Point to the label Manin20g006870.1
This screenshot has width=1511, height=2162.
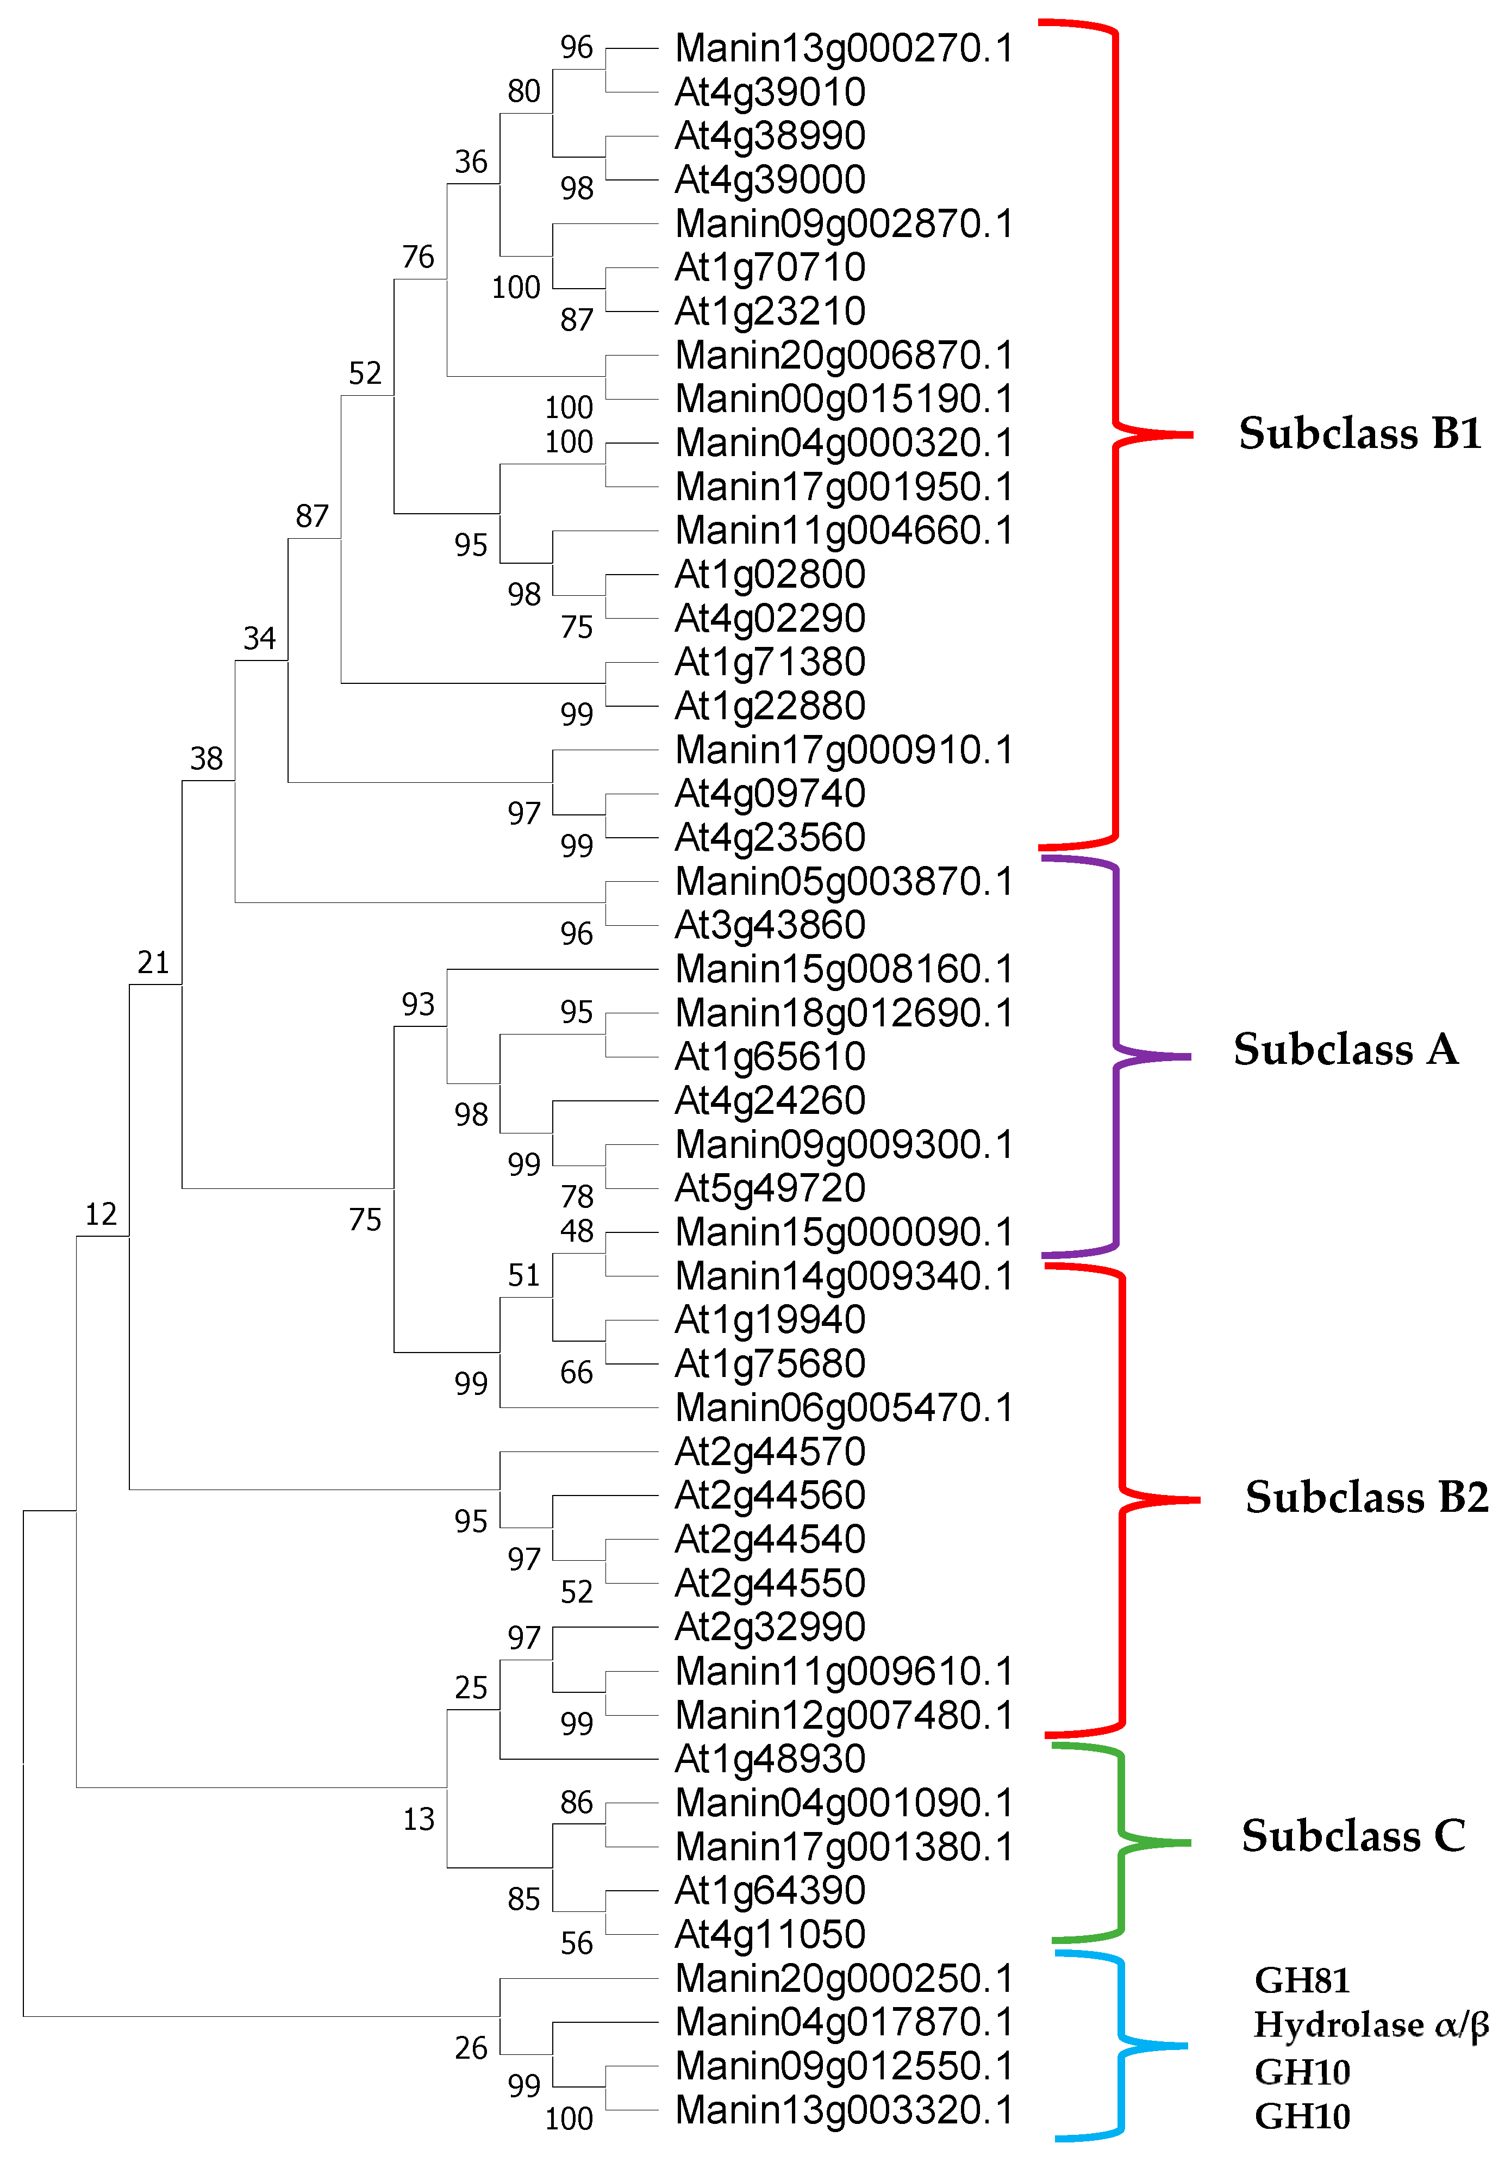tap(844, 356)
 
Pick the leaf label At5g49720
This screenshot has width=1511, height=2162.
tap(770, 1188)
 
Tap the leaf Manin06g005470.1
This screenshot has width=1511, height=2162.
tap(844, 1408)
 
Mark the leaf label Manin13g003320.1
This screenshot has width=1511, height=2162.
tap(844, 2110)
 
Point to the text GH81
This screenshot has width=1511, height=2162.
tap(1302, 1981)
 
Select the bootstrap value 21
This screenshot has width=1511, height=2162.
tap(153, 962)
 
